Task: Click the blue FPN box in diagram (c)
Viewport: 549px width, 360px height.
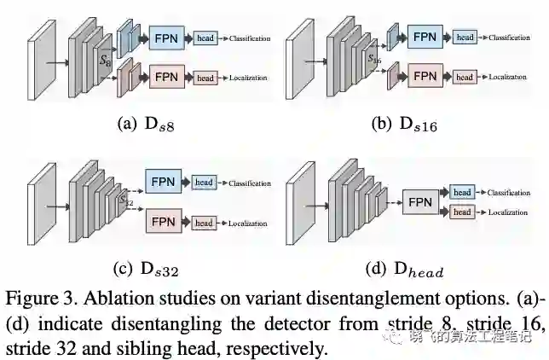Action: click(165, 183)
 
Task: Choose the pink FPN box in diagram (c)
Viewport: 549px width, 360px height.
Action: click(165, 223)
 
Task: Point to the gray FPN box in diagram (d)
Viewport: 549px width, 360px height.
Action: click(419, 203)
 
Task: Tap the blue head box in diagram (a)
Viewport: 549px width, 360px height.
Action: click(205, 38)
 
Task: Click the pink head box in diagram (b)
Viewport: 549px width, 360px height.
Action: click(465, 77)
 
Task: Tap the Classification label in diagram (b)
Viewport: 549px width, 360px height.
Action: click(510, 38)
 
